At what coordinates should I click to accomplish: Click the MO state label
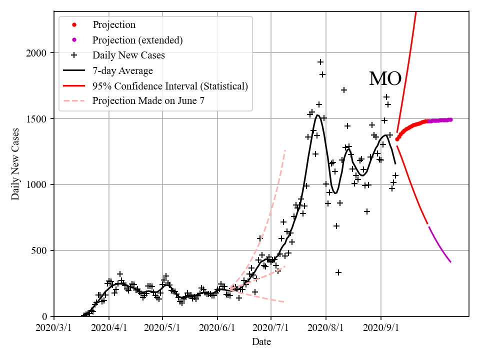(385, 79)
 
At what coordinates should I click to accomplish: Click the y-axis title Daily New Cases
(15, 164)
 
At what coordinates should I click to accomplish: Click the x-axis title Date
(261, 342)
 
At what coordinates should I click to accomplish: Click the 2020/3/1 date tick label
(54, 328)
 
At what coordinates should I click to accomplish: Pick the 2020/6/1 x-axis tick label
(217, 328)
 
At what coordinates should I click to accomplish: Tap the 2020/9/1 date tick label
(381, 328)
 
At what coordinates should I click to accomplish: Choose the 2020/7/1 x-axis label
(271, 328)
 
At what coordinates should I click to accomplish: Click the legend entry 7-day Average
(122, 70)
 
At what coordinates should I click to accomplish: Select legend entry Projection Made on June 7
(148, 101)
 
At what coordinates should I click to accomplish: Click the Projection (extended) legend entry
(137, 39)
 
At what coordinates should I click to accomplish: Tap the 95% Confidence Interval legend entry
(170, 86)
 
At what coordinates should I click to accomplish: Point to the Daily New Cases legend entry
(128, 55)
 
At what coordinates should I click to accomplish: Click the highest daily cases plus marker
(320, 62)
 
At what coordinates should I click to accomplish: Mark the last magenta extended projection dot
(450, 119)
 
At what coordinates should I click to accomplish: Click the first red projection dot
(397, 139)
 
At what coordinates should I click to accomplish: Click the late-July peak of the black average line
(317, 115)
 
